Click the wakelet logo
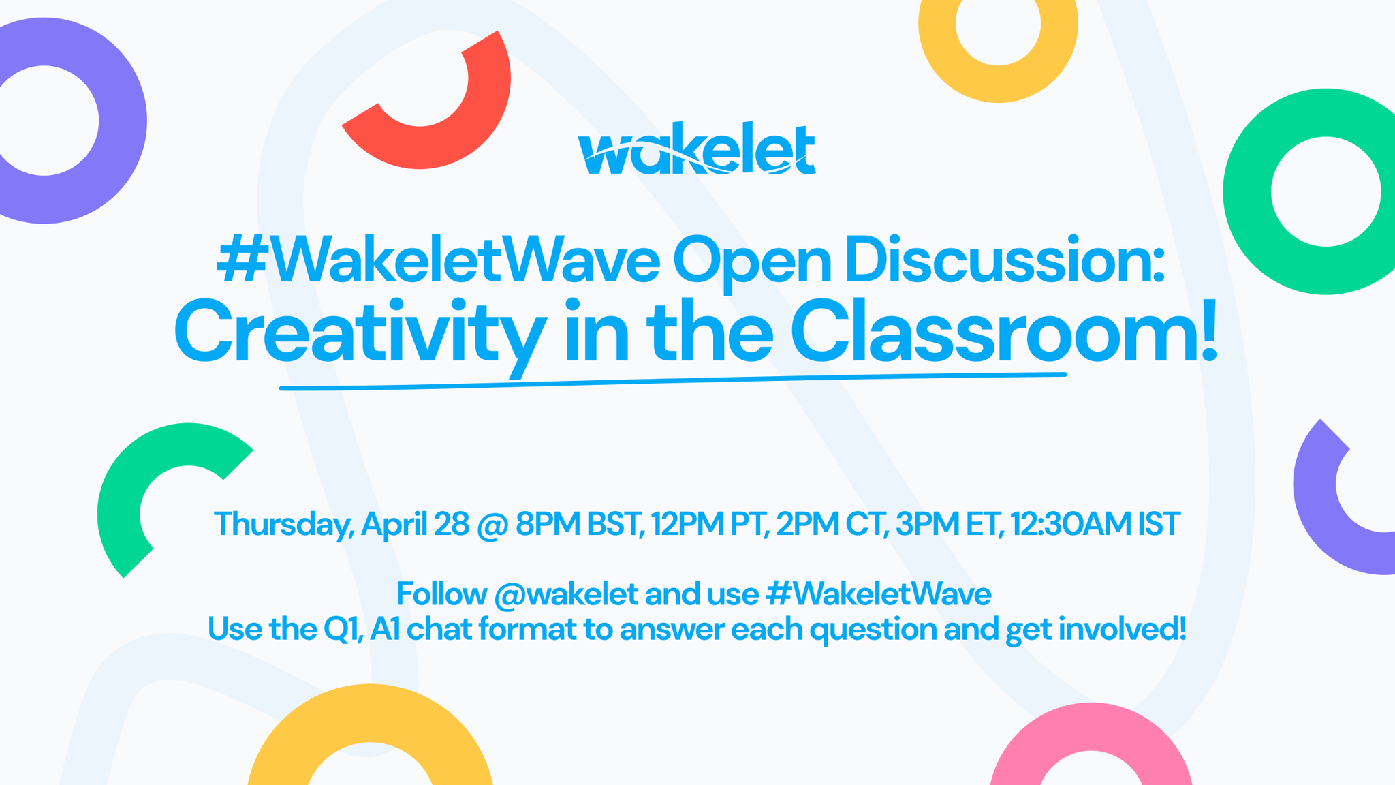coord(696,150)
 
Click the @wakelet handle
coord(566,594)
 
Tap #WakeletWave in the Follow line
coord(879,594)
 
